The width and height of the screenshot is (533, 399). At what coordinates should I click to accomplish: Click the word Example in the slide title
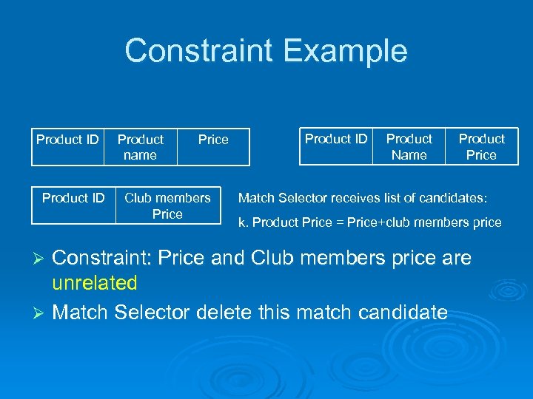tap(345, 51)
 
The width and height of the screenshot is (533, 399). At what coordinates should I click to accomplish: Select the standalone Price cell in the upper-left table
tap(213, 140)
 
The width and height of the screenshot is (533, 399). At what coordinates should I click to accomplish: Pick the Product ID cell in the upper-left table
tap(67, 139)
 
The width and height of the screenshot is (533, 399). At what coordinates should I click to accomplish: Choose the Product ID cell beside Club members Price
tap(73, 198)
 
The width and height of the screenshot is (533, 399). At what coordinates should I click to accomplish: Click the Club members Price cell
tap(167, 205)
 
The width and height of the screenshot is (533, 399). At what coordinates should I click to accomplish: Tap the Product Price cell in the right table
tap(481, 146)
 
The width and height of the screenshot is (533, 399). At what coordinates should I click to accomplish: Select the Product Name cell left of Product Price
tap(409, 146)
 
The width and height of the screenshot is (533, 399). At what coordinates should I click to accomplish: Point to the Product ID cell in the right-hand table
tap(336, 139)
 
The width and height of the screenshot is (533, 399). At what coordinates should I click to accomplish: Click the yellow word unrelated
tap(95, 283)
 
